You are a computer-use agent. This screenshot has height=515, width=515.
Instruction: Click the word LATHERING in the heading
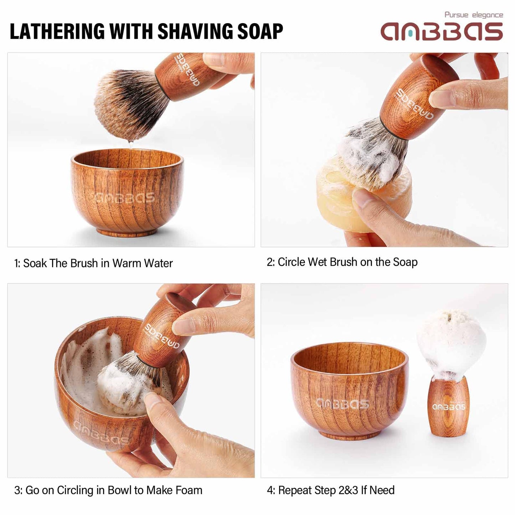[57, 31]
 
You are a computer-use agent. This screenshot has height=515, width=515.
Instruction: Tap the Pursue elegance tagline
[474, 15]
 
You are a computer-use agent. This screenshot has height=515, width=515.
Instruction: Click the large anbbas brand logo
[442, 32]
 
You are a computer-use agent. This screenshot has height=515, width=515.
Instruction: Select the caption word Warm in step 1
[127, 263]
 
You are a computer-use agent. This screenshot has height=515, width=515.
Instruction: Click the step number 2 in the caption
[270, 262]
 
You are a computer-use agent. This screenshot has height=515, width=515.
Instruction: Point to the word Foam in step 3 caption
[189, 490]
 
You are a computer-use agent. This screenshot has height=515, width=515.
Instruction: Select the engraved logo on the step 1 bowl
[124, 197]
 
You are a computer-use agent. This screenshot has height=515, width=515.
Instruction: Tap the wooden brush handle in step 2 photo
[417, 100]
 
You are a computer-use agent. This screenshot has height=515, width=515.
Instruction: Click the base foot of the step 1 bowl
[127, 232]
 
